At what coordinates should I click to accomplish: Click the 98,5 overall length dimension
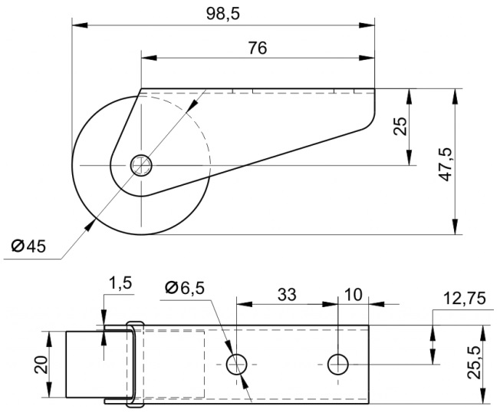222,13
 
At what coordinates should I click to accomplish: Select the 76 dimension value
257,48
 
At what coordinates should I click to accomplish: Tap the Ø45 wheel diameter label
28,246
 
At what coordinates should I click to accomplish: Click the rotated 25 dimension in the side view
400,127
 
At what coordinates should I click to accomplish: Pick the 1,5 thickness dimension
120,283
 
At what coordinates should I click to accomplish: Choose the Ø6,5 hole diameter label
185,288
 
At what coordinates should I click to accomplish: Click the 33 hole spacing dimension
287,295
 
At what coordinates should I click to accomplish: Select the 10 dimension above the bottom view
354,295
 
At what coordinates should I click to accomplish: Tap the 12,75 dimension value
464,299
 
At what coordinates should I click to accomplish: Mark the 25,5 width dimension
474,363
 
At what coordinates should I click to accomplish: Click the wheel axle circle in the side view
141,165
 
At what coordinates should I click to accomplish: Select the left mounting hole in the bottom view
237,364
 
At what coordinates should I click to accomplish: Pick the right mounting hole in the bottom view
338,364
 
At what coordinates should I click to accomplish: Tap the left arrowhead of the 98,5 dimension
80,25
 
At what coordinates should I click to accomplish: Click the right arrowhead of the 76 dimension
367,58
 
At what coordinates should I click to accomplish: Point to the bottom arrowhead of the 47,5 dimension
456,227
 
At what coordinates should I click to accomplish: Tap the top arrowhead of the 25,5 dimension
483,333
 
